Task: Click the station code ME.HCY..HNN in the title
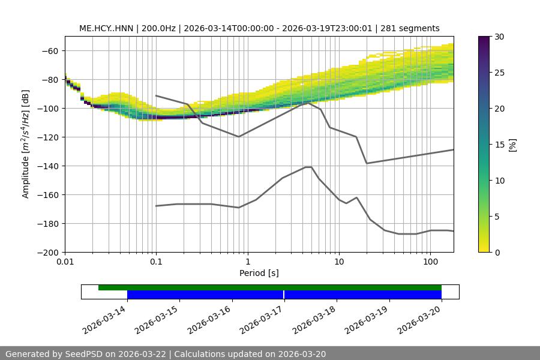(106, 28)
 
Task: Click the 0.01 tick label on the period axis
(65, 262)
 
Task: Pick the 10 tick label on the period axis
(339, 262)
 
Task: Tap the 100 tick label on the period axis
(430, 262)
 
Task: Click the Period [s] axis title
(259, 273)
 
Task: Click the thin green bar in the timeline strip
(270, 287)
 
